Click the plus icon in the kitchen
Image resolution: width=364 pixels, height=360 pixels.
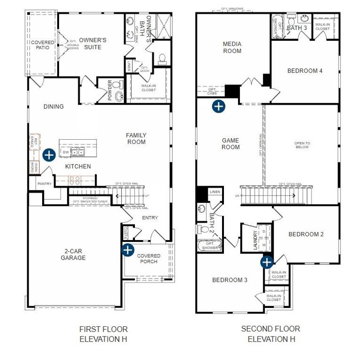tap(49, 155)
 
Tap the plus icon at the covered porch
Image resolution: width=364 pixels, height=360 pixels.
tap(127, 250)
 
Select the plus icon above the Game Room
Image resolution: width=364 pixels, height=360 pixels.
tap(218, 106)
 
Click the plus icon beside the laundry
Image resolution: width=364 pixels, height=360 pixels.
tap(267, 262)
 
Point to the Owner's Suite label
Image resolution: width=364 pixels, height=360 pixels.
tap(93, 44)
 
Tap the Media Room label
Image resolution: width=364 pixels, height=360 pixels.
tap(232, 47)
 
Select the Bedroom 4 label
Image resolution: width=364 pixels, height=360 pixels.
tap(305, 71)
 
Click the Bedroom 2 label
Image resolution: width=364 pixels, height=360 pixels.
tap(306, 234)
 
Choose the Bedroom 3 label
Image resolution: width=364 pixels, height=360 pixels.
tap(230, 280)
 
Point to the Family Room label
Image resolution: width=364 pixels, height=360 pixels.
tap(136, 138)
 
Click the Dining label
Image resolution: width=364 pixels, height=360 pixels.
tap(53, 106)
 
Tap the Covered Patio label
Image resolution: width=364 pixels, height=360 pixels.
tap(43, 45)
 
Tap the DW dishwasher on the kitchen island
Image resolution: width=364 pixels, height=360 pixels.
tap(66, 152)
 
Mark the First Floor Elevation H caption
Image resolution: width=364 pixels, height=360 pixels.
tap(103, 334)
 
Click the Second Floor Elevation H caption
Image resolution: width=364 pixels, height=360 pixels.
tap(271, 334)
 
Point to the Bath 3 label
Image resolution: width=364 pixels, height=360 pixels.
tap(297, 28)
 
